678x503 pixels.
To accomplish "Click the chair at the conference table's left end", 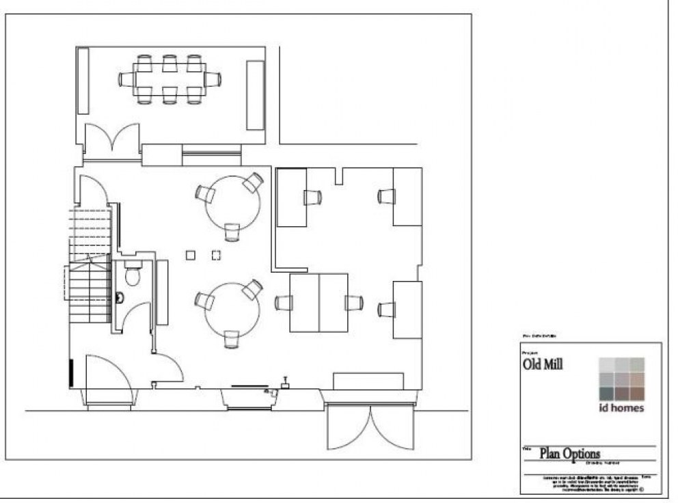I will [x=127, y=79].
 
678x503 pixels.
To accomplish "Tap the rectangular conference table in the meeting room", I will [x=169, y=79].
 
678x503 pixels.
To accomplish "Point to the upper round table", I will [x=233, y=202].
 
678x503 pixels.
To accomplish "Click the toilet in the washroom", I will [x=133, y=275].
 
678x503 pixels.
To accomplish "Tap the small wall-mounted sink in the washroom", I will [x=120, y=298].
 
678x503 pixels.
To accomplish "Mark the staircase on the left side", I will [x=89, y=267].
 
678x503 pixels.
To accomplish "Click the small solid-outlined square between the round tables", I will [x=191, y=256].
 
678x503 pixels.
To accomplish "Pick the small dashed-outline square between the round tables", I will [x=216, y=256].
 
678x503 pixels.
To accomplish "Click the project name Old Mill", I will [x=543, y=364].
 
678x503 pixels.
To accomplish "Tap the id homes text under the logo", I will [x=621, y=409].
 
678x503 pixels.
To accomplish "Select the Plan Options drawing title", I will [x=570, y=453].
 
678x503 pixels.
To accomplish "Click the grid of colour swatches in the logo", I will [x=621, y=379].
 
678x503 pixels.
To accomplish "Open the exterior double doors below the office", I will [x=370, y=427].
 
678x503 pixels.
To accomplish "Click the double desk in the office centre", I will [x=319, y=303].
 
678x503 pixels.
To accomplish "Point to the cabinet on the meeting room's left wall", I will [x=82, y=81].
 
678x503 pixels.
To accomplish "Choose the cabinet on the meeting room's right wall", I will [x=255, y=94].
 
